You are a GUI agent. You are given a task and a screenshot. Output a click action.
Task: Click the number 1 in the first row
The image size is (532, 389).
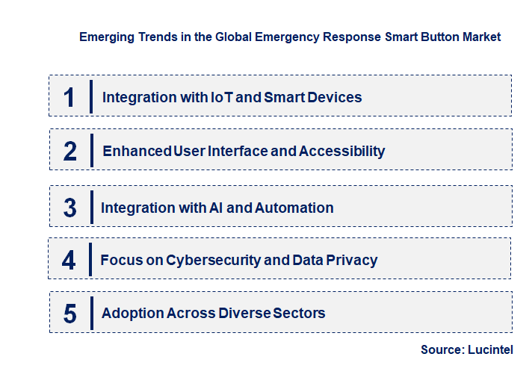pos(69,97)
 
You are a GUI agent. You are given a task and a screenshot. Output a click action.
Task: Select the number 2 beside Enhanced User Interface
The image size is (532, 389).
pos(70,152)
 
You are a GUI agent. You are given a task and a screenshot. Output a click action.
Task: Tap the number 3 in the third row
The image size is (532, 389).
pos(69,208)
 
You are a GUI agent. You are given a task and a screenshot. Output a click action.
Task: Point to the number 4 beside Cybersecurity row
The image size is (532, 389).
pos(69,261)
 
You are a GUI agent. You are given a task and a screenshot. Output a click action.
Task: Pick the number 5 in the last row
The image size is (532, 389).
pos(69,314)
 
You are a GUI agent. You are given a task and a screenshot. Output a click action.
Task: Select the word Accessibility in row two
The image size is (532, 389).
pos(341,152)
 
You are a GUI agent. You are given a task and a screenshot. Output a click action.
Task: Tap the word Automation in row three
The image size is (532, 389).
pos(294,208)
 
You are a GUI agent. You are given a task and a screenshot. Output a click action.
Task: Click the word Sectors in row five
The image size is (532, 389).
pos(298,314)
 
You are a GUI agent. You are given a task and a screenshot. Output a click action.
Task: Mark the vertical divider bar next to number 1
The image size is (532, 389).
pos(90,96)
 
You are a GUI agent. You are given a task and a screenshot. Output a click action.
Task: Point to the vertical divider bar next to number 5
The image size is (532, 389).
pos(90,312)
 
